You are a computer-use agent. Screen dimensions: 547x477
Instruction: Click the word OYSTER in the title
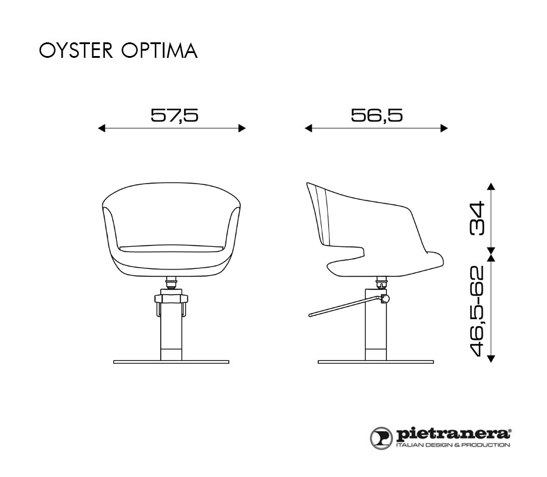76,51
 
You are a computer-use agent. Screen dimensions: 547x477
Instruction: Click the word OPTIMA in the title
160,51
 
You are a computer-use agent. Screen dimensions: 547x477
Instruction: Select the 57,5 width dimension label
175,115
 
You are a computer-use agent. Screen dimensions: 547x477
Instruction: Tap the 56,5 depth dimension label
377,115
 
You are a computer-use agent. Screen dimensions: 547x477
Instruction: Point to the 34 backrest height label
477,218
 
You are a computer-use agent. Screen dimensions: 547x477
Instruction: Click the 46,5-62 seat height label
477,311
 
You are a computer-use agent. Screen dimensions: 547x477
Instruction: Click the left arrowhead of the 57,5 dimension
101,129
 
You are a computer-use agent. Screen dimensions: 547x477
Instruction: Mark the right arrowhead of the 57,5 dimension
242,129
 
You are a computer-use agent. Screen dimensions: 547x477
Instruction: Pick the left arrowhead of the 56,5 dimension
309,129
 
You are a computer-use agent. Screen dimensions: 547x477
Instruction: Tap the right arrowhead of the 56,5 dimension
444,129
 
